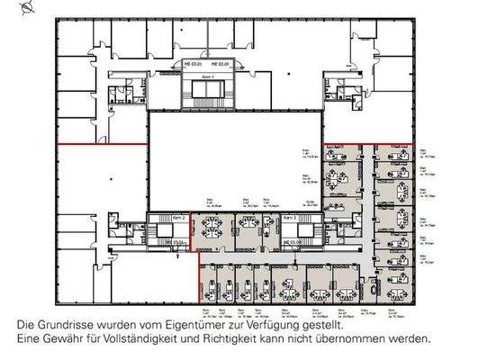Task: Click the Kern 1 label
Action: (x=205, y=80)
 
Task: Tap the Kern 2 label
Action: (x=178, y=218)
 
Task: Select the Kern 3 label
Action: (x=290, y=218)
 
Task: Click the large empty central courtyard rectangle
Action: (x=233, y=157)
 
